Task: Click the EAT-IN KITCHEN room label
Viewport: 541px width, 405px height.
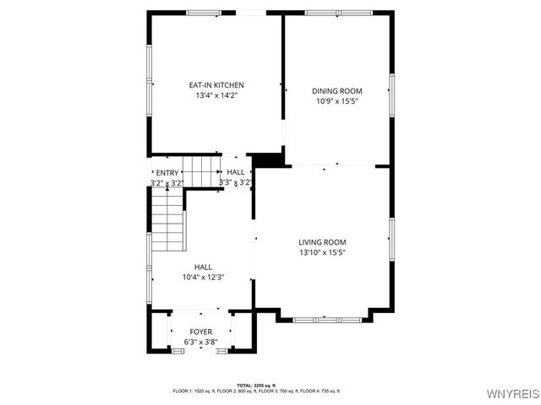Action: [216, 85]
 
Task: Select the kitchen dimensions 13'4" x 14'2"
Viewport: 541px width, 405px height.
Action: [216, 95]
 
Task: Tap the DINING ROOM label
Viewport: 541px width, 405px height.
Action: [336, 91]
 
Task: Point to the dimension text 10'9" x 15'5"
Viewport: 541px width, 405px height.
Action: [336, 101]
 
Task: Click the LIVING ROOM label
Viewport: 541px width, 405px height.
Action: [322, 242]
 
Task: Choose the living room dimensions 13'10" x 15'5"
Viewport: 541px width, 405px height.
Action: [322, 252]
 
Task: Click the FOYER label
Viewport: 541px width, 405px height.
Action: [200, 332]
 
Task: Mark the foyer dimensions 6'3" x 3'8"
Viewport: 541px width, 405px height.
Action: [200, 342]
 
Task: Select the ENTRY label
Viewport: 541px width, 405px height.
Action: [167, 172]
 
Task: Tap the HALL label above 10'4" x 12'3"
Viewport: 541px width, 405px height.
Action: [203, 267]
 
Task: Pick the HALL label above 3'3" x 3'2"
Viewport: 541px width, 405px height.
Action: [236, 172]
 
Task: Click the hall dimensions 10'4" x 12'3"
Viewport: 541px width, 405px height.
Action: [203, 277]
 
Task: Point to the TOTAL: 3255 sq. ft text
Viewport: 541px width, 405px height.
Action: [256, 385]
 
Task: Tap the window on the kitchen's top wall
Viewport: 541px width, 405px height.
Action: [203, 13]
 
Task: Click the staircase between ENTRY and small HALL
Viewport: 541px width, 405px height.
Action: [201, 171]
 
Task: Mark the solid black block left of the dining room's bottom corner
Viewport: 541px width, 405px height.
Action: [267, 159]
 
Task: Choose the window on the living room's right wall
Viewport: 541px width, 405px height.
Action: [391, 237]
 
